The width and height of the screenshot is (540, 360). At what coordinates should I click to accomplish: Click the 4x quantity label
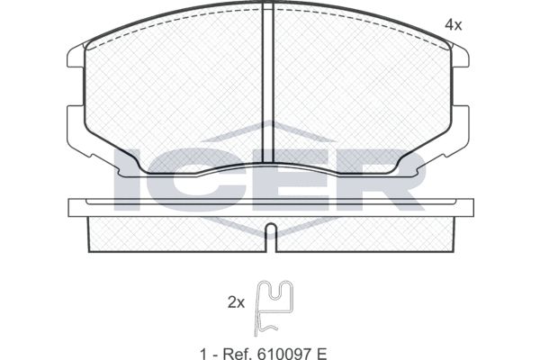coord(453,25)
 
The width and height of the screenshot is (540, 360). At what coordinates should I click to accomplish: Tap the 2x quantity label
coord(236,302)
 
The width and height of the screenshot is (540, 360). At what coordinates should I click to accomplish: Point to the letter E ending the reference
coord(321,354)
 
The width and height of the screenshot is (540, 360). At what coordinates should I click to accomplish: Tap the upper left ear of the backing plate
coord(76,56)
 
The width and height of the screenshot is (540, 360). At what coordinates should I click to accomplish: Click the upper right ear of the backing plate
coord(460,56)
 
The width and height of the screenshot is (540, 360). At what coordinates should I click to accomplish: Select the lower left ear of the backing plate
coord(76,130)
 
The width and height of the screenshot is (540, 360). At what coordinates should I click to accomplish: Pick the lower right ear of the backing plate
coord(460,130)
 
